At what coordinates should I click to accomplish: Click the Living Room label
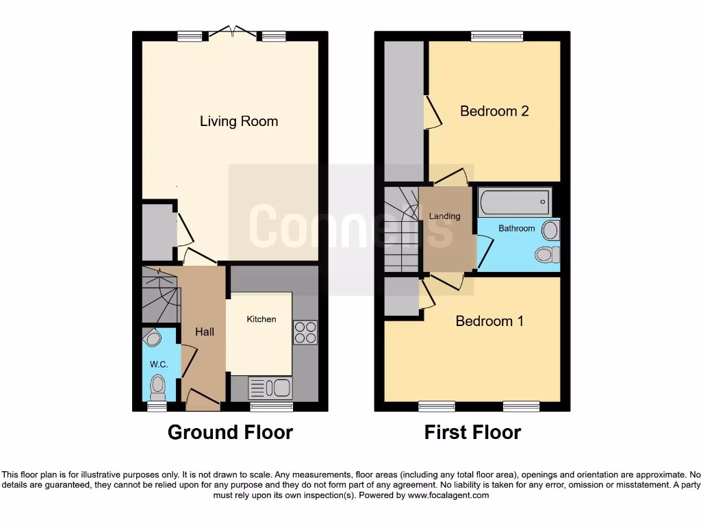pos(239,121)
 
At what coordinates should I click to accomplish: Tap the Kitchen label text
pos(262,319)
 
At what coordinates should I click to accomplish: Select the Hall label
pos(205,331)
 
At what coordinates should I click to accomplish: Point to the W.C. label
pos(159,364)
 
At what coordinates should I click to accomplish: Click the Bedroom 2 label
pos(494,111)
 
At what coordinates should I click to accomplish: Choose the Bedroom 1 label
pos(489,321)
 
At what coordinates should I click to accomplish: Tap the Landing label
pos(444,216)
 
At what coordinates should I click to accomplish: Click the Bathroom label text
pos(516,228)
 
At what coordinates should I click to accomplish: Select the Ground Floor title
pos(230,432)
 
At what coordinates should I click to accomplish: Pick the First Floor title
pos(472,432)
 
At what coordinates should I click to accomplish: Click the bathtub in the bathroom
pos(514,202)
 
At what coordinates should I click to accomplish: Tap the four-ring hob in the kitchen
pos(305,332)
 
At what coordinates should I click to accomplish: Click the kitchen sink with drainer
pos(270,388)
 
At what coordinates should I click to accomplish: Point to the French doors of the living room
pos(231,32)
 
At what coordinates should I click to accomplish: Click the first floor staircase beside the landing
pos(400,229)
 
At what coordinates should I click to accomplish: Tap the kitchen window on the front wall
pos(271,407)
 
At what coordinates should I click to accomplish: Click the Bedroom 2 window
pos(496,36)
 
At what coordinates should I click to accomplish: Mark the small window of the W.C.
pos(157,407)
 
